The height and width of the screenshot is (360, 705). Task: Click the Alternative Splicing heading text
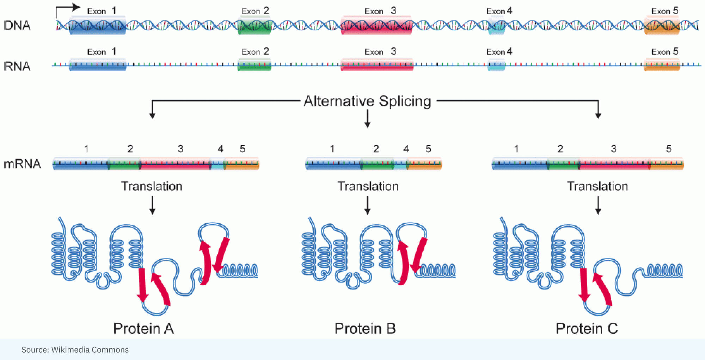pyautogui.click(x=367, y=101)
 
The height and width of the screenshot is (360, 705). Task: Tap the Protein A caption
pyautogui.click(x=143, y=328)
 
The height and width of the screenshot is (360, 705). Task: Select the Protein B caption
pyautogui.click(x=365, y=328)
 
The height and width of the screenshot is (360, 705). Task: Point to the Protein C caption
pyautogui.click(x=587, y=328)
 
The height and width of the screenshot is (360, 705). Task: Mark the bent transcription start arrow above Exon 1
pyautogui.click(x=67, y=9)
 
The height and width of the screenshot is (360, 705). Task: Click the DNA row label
pyautogui.click(x=17, y=25)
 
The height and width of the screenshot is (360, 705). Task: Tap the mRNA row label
pyautogui.click(x=22, y=164)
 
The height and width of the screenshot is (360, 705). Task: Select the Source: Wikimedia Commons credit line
pyautogui.click(x=75, y=350)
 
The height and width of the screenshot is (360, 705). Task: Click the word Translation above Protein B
pyautogui.click(x=368, y=186)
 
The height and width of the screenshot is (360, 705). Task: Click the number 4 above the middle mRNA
pyautogui.click(x=406, y=149)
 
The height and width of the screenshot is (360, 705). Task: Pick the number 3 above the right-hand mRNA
pyautogui.click(x=614, y=149)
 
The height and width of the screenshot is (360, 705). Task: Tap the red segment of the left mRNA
pyautogui.click(x=175, y=164)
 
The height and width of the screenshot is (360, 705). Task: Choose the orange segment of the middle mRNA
pyautogui.click(x=424, y=164)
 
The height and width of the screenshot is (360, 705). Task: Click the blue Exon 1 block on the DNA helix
pyautogui.click(x=98, y=26)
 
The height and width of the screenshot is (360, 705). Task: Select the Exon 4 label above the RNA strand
pyautogui.click(x=499, y=52)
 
